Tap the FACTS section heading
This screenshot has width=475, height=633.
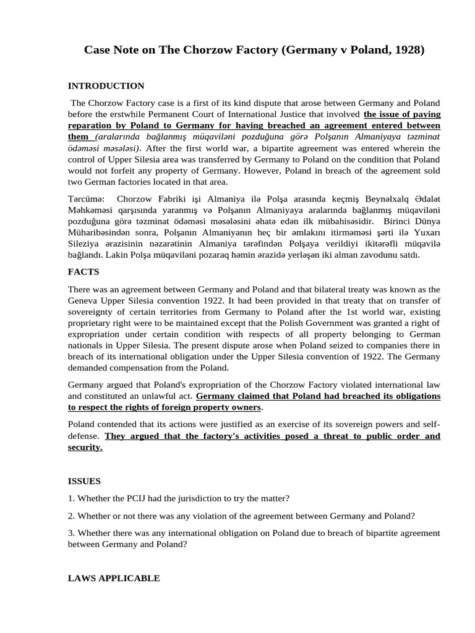tap(83, 271)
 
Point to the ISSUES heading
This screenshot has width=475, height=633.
tap(85, 480)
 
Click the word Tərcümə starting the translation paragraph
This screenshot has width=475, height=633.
tap(86, 199)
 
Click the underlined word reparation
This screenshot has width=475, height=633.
tap(92, 125)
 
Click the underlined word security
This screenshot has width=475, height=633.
tap(85, 447)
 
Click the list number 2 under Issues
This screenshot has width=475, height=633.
tap(70, 516)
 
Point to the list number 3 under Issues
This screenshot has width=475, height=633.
tap(70, 533)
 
